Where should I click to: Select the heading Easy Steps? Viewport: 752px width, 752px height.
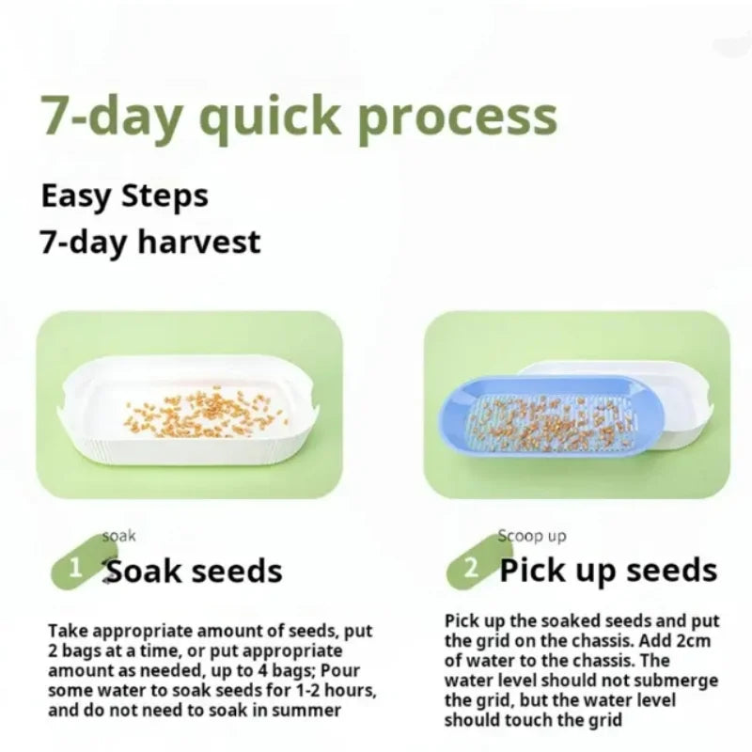(x=124, y=196)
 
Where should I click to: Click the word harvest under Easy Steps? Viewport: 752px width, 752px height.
(x=198, y=242)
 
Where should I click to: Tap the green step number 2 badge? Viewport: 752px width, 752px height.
(x=473, y=567)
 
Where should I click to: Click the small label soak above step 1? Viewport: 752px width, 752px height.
(x=119, y=536)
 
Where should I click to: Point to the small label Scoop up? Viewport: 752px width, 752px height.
(x=533, y=536)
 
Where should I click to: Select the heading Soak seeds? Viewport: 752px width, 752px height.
(x=194, y=570)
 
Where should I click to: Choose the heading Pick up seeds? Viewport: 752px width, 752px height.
(x=608, y=570)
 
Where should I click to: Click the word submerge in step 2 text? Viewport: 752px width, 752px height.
(x=677, y=681)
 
